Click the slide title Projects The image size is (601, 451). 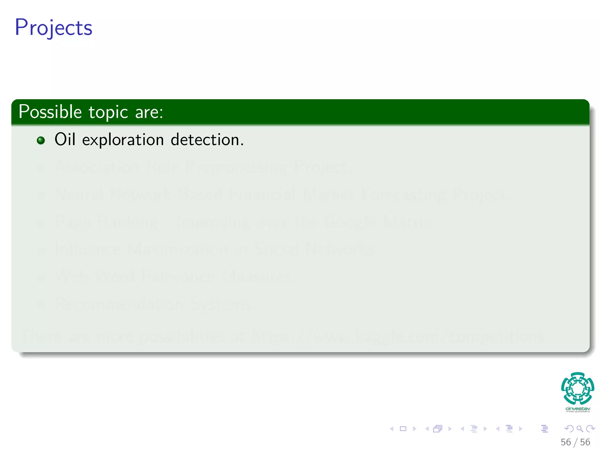53,28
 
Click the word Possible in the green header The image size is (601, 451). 50,112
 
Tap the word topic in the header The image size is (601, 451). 108,112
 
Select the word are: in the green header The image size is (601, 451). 149,112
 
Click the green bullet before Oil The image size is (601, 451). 41,140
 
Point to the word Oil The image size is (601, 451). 65,139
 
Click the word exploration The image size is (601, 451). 123,140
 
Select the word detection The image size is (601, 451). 207,139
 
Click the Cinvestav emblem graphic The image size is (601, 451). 578,388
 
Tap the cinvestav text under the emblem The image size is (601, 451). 578,409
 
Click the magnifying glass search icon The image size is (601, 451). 580,429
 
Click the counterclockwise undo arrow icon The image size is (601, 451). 569,429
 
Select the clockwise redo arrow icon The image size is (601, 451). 590,429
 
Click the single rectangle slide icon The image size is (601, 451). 403,429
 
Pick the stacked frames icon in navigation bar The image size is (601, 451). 438,429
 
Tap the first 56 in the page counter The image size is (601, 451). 565,442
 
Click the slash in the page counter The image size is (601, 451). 575,442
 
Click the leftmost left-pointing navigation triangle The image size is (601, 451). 391,429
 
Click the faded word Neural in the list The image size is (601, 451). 80,195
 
